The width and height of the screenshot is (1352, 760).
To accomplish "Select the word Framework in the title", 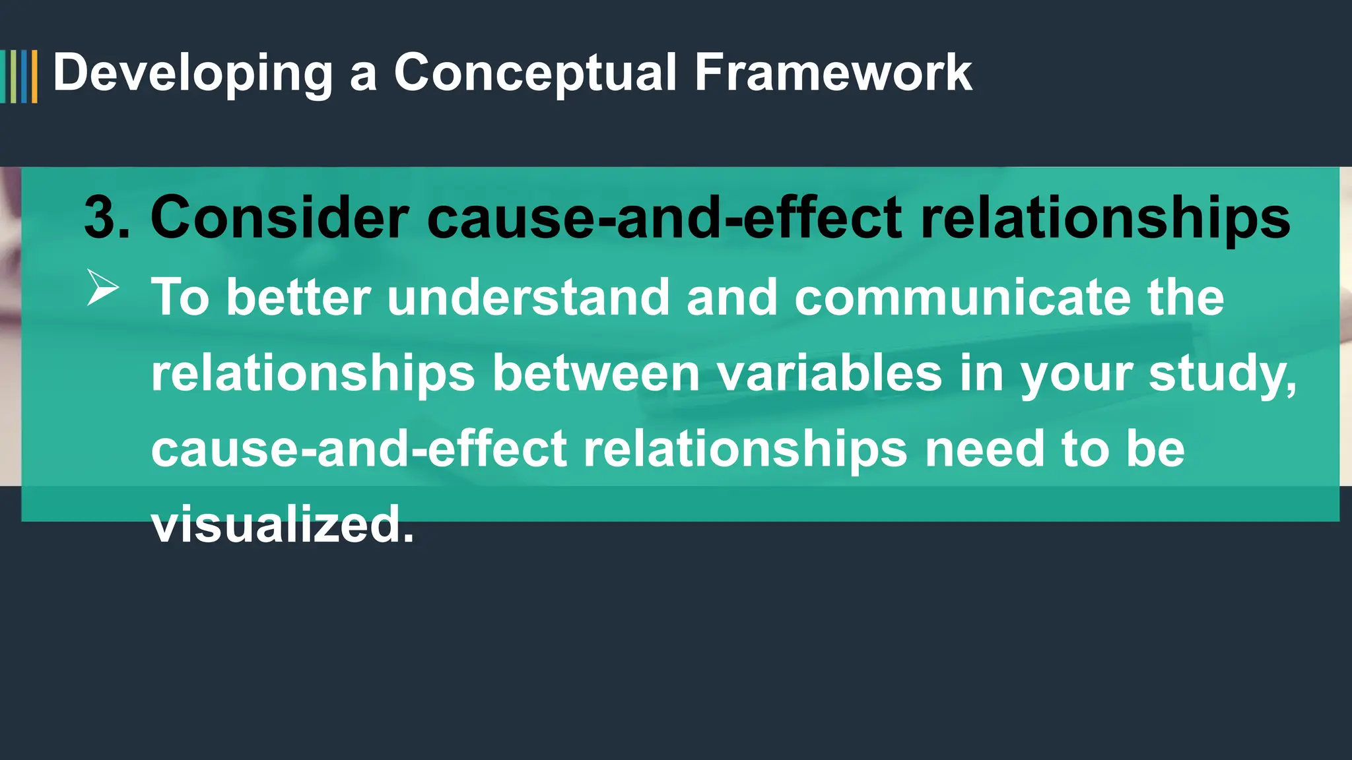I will click(833, 73).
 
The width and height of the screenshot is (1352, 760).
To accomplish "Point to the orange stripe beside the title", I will click(34, 77).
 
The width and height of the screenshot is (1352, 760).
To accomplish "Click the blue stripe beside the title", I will click(24, 77).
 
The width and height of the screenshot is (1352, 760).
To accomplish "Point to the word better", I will click(298, 297).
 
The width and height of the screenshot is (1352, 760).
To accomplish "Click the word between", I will click(596, 373).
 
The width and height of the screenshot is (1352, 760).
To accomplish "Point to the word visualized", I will click(283, 525).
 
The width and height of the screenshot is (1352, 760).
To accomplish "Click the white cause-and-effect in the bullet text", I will click(359, 449).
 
